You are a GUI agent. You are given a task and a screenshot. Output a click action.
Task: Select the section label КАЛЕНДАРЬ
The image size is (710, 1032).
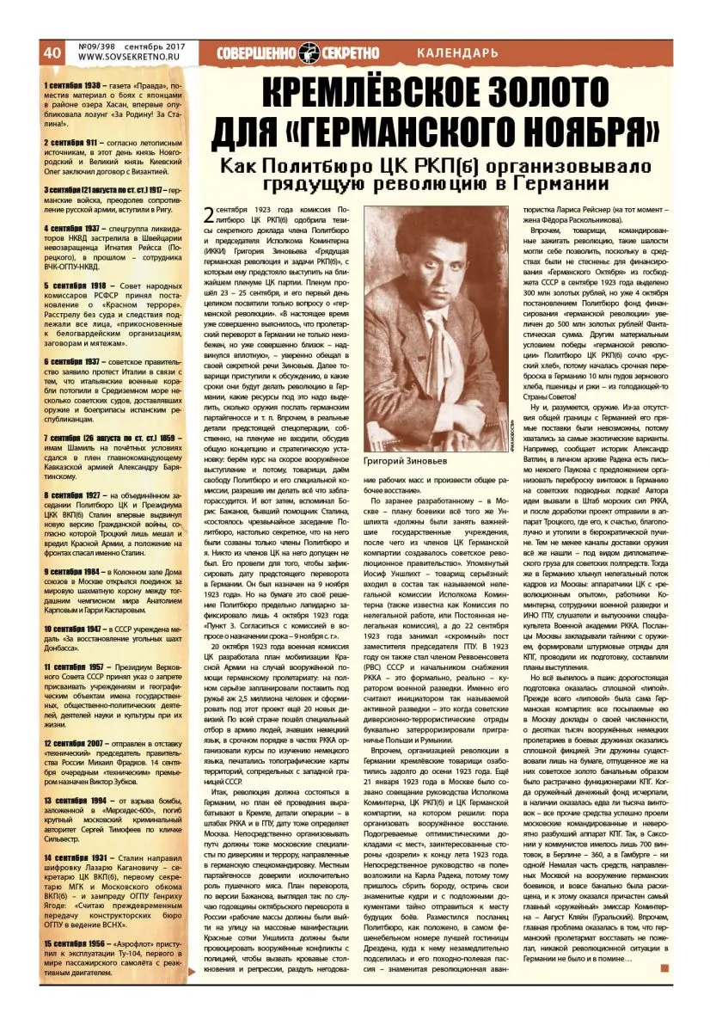coord(456,53)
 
